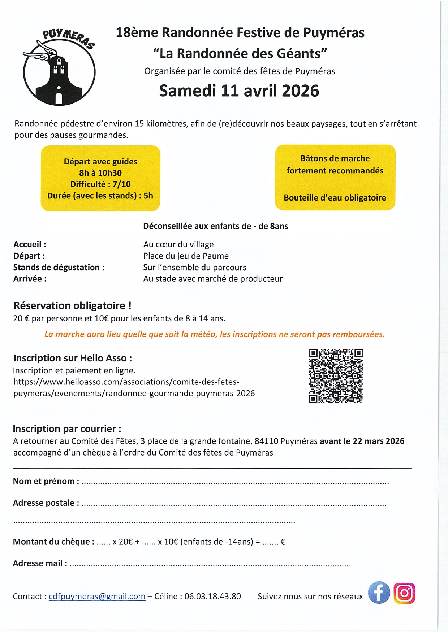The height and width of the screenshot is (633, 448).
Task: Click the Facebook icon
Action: (x=379, y=593)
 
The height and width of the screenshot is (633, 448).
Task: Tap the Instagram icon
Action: (x=404, y=593)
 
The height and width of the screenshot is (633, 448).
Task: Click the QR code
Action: (x=336, y=375)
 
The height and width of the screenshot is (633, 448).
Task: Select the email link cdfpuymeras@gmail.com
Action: (x=97, y=597)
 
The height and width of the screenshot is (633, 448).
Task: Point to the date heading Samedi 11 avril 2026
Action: (x=239, y=91)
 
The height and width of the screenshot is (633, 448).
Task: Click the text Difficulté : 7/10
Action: (x=100, y=184)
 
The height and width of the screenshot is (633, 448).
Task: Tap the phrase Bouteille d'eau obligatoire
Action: (x=335, y=198)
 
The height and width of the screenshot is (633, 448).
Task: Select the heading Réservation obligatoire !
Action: (x=72, y=305)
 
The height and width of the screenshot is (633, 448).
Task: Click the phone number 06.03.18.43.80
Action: (x=212, y=597)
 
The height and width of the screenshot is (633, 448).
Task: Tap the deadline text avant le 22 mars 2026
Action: (x=362, y=441)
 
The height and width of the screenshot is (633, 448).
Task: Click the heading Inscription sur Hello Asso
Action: (x=73, y=358)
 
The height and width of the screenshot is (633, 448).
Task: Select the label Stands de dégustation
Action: (x=59, y=267)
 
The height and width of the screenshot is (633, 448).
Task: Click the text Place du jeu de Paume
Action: (x=186, y=256)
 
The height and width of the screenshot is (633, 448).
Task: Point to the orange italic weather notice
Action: (x=214, y=334)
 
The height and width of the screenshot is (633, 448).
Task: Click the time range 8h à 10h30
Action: (x=100, y=173)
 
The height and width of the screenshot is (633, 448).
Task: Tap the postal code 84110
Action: (x=266, y=441)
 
